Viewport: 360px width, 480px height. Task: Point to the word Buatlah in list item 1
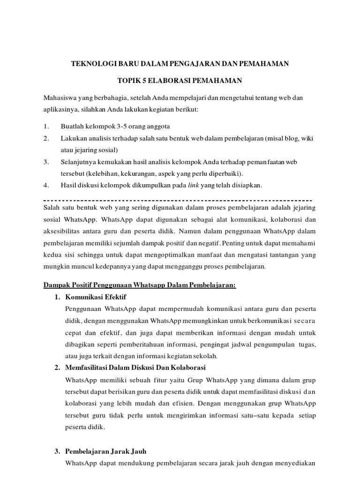71,127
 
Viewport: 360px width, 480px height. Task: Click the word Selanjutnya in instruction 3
80,162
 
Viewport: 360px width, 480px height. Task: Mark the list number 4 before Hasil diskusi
45,185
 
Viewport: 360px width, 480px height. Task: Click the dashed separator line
178,199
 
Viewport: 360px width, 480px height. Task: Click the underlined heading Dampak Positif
140,285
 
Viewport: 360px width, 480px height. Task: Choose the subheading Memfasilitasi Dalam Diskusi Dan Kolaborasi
136,367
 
